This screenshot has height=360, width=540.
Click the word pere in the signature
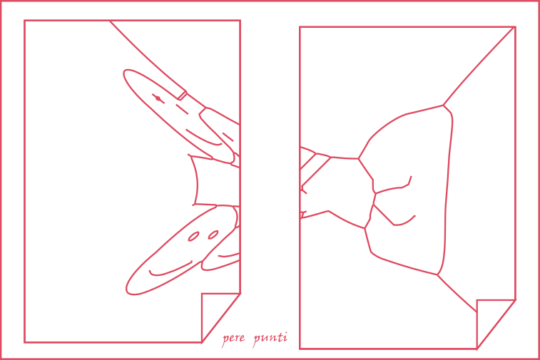coord(233,339)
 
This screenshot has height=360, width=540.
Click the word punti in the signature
coord(270,338)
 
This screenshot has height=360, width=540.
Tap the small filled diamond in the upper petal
coord(158,98)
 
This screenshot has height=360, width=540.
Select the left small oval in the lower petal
coord(193,237)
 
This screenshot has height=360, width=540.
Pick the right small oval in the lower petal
coord(213,235)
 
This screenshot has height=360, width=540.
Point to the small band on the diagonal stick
coord(182,96)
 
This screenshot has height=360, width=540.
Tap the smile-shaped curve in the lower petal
coord(170,269)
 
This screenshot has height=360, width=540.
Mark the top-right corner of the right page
coord(515,27)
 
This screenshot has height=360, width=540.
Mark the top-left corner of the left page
coord(24,21)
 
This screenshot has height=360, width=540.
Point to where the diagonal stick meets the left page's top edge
coord(110,21)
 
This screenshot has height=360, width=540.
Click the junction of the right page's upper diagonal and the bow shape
coord(443,105)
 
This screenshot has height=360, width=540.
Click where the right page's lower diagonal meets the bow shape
coord(437,274)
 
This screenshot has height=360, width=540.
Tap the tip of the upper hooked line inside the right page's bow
coord(411,177)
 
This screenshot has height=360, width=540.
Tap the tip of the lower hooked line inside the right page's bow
coord(415,216)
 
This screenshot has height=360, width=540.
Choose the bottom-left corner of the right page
coord(300,349)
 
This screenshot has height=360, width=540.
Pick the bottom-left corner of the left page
coord(24,342)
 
